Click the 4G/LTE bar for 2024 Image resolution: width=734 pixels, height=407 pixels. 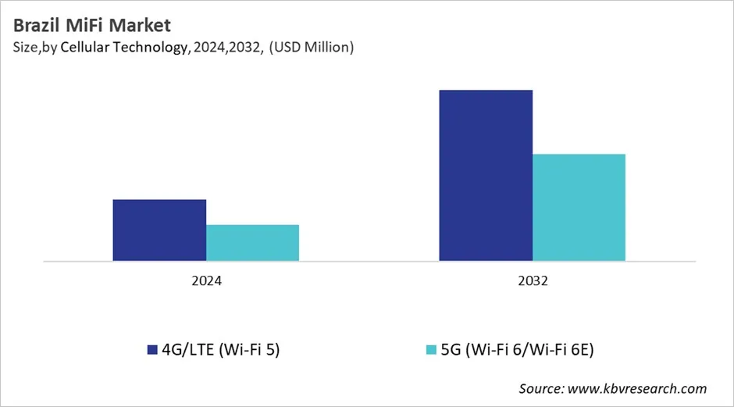click(x=159, y=230)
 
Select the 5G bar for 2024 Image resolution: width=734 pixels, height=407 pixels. click(x=252, y=242)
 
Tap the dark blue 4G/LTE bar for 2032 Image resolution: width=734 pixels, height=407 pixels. click(x=485, y=175)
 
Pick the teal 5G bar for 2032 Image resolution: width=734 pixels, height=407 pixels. click(x=579, y=207)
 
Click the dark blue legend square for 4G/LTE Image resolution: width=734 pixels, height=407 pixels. click(x=152, y=350)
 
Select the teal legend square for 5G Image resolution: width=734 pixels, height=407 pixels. click(x=430, y=350)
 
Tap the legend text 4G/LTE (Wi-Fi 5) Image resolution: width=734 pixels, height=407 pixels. click(x=221, y=350)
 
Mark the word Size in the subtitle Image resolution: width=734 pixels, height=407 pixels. click(x=26, y=48)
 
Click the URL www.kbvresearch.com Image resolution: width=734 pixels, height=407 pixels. click(x=639, y=388)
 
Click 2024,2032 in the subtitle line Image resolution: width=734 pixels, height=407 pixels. click(x=225, y=48)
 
